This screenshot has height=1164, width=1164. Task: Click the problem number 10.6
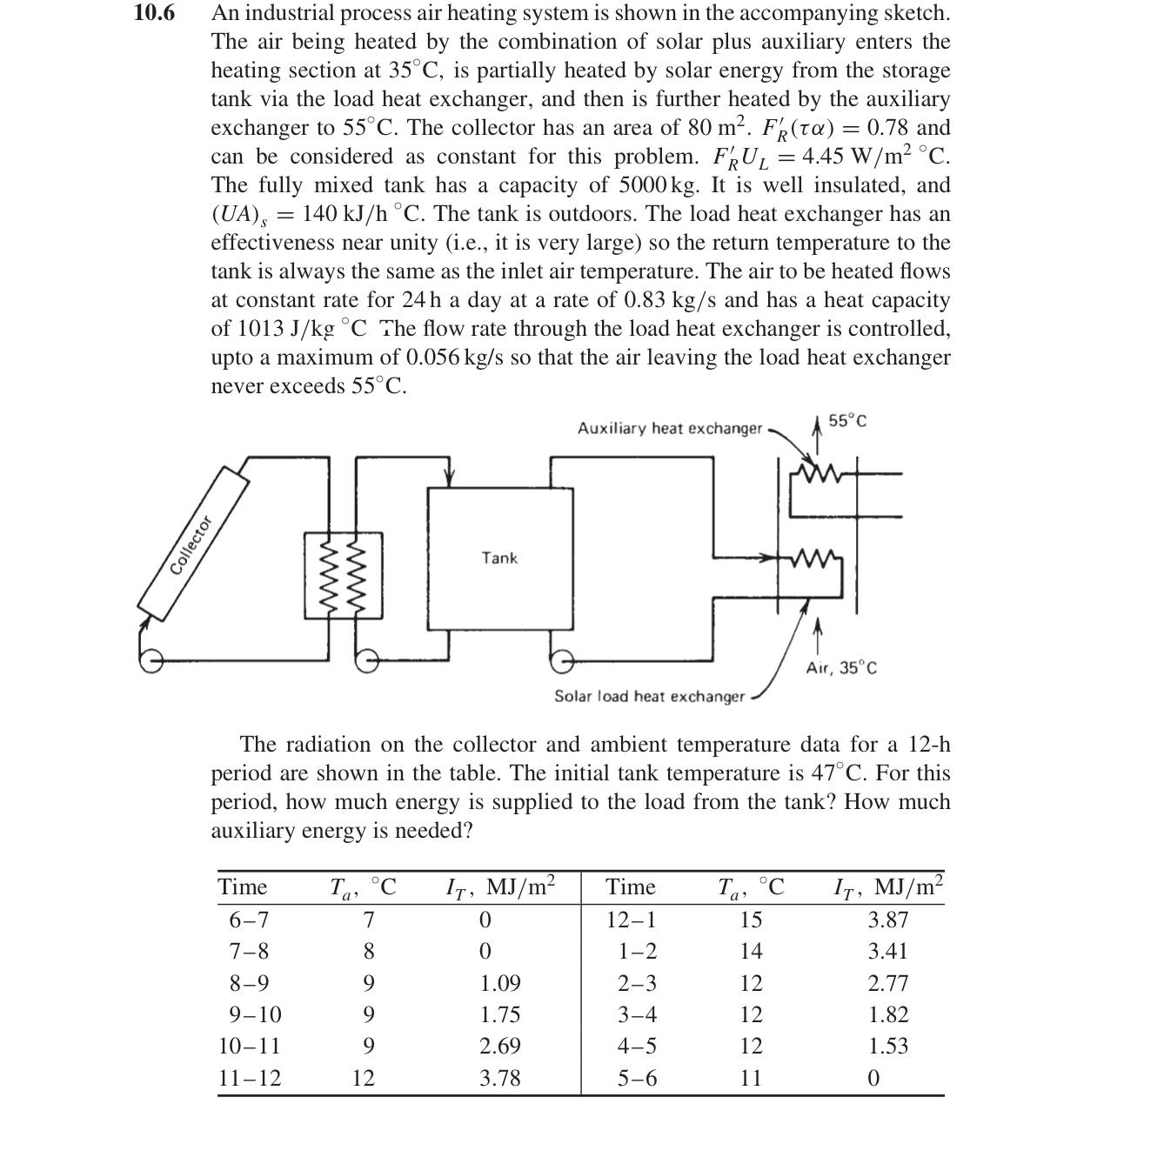pyautogui.click(x=155, y=14)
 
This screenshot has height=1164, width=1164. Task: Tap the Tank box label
pyautogui.click(x=499, y=558)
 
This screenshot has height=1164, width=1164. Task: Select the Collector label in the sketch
pyautogui.click(x=191, y=545)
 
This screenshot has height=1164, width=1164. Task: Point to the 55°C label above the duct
pyautogui.click(x=847, y=422)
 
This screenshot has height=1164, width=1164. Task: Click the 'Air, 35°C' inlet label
pyautogui.click(x=841, y=668)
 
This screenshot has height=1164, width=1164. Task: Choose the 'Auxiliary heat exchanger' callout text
pyautogui.click(x=669, y=429)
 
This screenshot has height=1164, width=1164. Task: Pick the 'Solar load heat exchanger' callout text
pyautogui.click(x=650, y=697)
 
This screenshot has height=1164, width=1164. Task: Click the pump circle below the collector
pyautogui.click(x=151, y=660)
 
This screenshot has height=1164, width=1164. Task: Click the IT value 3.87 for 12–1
pyautogui.click(x=887, y=920)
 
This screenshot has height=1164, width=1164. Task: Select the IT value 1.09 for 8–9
pyautogui.click(x=500, y=983)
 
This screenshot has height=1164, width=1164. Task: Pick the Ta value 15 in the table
pyautogui.click(x=751, y=920)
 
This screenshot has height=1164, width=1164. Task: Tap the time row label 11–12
pyautogui.click(x=250, y=1079)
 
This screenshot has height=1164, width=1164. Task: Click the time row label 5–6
pyautogui.click(x=637, y=1079)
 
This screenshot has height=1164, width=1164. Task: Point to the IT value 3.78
pyautogui.click(x=500, y=1079)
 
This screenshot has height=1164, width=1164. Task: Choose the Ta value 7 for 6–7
pyautogui.click(x=369, y=920)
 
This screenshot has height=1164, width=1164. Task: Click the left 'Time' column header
pyautogui.click(x=243, y=887)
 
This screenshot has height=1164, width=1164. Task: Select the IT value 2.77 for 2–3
pyautogui.click(x=887, y=983)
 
